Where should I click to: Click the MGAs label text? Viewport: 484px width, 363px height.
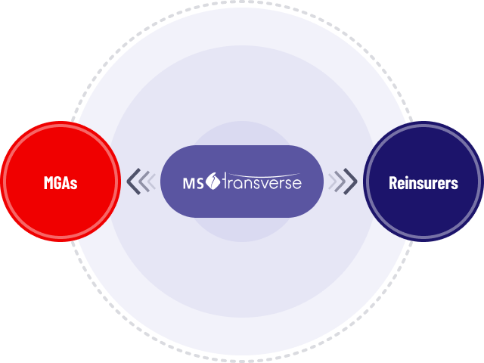pos(60,182)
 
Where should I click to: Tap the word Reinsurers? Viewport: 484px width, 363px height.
pos(423,182)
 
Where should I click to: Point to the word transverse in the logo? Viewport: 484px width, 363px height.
pos(261,183)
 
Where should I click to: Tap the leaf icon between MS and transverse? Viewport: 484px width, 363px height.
pos(212,181)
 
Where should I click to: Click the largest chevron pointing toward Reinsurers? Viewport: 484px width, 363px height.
pos(352,182)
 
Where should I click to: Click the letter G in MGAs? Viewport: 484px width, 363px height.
pos(58,182)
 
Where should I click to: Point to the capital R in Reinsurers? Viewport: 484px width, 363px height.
pos(393,182)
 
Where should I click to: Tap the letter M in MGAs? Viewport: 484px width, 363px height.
pos(48,182)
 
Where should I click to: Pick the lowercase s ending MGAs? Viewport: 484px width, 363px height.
pos(74,184)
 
